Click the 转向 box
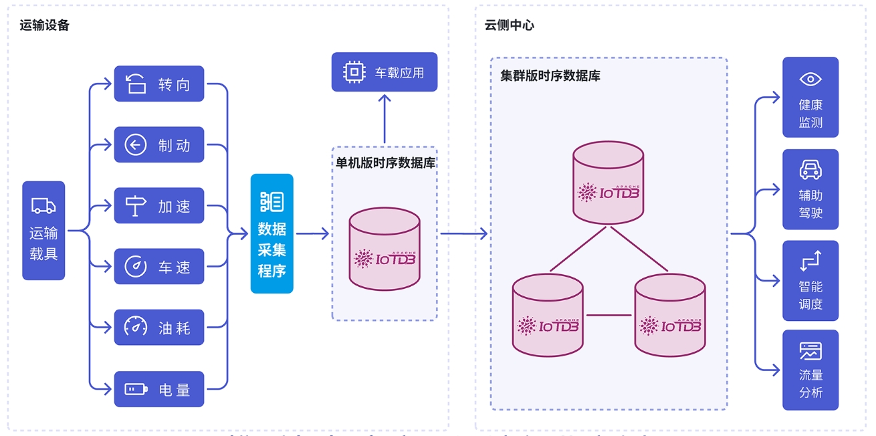pyautogui.click(x=158, y=84)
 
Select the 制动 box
pyautogui.click(x=158, y=144)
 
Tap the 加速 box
pyautogui.click(x=158, y=206)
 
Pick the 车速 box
pyautogui.click(x=158, y=267)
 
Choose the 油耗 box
pyautogui.click(x=158, y=328)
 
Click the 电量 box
pyautogui.click(x=158, y=389)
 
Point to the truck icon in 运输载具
pyautogui.click(x=43, y=206)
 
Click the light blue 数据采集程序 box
pyautogui.click(x=271, y=233)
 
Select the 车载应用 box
pyautogui.click(x=384, y=72)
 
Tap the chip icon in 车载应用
pyautogui.click(x=354, y=72)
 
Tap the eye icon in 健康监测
pyautogui.click(x=810, y=79)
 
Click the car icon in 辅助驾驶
pyautogui.click(x=810, y=170)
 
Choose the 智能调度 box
pyautogui.click(x=810, y=280)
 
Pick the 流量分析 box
pyautogui.click(x=810, y=370)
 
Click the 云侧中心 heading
pyautogui.click(x=509, y=25)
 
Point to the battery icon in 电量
pyautogui.click(x=136, y=389)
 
